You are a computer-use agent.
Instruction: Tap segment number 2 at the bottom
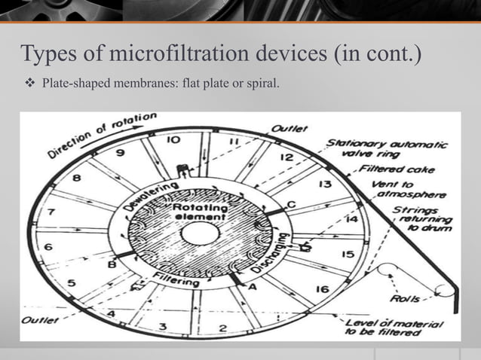[x=222, y=328]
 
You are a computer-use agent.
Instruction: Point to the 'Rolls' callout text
[x=405, y=299]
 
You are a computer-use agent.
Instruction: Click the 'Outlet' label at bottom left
[x=38, y=320]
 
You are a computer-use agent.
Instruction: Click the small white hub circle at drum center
[x=197, y=234]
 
